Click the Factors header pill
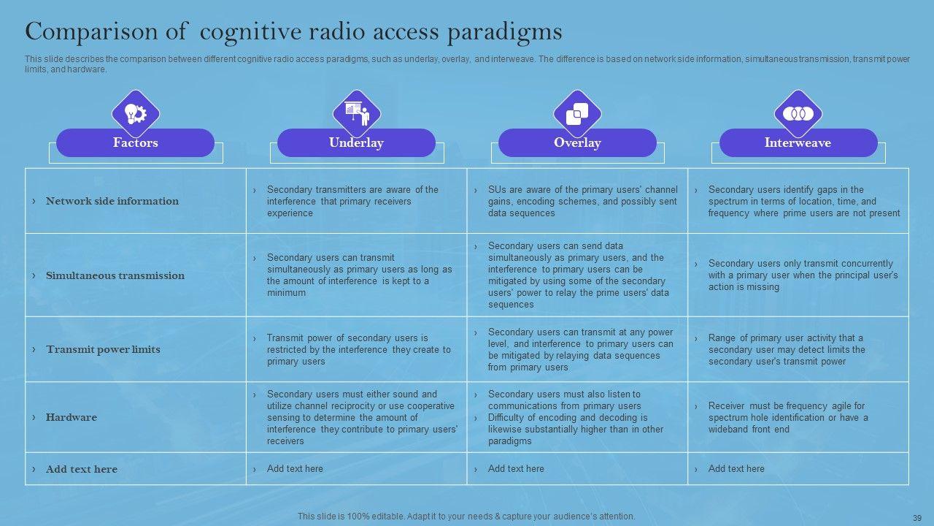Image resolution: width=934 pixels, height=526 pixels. pos(135,143)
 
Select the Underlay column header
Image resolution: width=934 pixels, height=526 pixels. pos(356,143)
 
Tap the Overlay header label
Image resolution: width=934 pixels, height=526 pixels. pos(577,143)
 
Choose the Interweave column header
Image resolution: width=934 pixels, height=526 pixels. pos(798,143)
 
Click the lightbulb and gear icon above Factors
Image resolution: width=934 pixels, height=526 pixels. pos(136,113)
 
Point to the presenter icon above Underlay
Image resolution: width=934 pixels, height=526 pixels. pos(357,113)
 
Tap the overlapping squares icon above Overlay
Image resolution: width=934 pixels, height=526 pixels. pos(577,113)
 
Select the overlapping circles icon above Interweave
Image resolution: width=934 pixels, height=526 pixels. pos(798,113)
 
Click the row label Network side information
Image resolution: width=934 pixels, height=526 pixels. pos(112,201)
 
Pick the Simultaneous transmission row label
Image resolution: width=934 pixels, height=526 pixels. pos(115,275)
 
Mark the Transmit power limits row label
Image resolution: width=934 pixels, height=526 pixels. pos(103,349)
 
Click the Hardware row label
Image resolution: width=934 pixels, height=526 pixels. pos(72,417)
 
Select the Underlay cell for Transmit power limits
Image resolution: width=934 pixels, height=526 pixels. pos(358,349)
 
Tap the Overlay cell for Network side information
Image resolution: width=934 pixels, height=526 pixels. pos(582,201)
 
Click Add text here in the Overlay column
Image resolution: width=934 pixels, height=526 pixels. pos(516,468)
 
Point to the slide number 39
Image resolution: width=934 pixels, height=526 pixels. pos(917,517)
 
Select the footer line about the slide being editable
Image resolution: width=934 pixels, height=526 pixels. pos(466,517)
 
